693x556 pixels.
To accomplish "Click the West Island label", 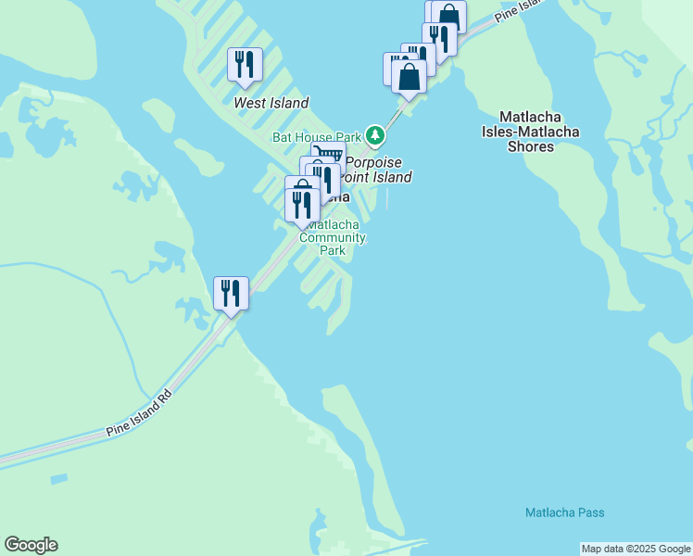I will point(271,103).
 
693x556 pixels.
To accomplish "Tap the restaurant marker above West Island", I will point(245,65).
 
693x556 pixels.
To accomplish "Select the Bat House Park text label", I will point(315,136).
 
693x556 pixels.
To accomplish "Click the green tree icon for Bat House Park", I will point(375,136).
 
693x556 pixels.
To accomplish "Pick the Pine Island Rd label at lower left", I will point(139,414).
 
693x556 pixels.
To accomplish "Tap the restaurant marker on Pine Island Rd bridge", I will point(230,294).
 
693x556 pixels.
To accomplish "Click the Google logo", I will point(31,545).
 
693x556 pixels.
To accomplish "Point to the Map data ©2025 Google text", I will point(635,549).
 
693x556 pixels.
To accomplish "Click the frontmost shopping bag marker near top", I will point(409,77).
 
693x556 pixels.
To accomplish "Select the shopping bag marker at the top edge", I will point(449,15).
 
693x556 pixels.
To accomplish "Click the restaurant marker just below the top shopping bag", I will point(439,38).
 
